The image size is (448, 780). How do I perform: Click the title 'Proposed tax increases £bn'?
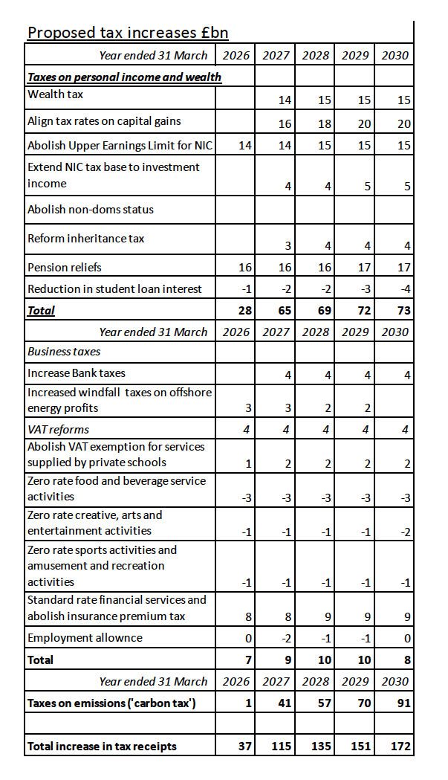128,33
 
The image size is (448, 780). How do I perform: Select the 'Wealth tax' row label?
56,94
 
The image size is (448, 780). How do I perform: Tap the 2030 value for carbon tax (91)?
403,703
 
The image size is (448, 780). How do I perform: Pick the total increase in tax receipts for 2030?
400,746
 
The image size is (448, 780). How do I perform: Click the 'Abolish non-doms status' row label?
91,209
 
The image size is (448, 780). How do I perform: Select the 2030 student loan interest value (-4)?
404,289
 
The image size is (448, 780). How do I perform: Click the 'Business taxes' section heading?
64,351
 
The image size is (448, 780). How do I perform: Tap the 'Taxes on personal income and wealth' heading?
124,77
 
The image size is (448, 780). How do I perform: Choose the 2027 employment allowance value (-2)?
286,639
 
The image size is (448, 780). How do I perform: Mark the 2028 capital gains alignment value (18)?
324,124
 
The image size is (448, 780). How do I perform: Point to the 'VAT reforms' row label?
58,429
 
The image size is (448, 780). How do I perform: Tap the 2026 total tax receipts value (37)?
245,746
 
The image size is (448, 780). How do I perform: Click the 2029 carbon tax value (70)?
363,703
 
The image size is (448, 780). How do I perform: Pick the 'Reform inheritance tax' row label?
85,239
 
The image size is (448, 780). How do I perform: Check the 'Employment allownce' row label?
85,638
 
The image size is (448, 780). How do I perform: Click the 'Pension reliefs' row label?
65,267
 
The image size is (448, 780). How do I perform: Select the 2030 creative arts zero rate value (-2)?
404,532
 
